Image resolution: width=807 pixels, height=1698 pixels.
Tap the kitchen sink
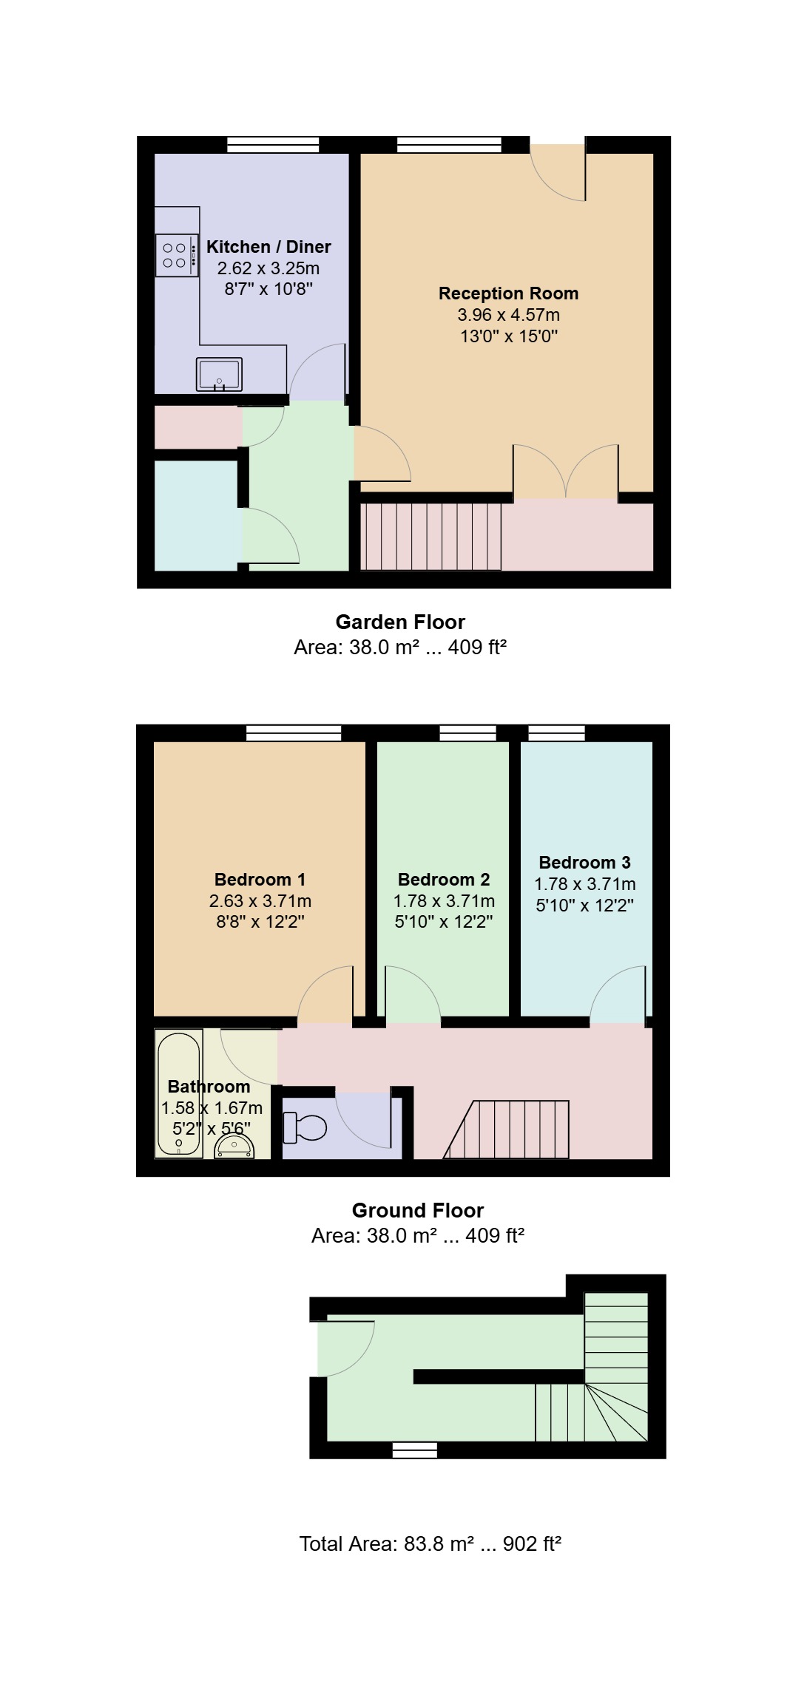(x=219, y=374)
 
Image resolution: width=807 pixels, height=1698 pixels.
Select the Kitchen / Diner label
(x=269, y=247)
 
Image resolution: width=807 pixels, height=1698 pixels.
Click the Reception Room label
(x=509, y=293)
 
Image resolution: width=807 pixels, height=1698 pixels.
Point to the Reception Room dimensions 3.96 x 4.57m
(x=509, y=315)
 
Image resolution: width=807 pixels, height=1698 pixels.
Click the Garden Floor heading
(x=400, y=622)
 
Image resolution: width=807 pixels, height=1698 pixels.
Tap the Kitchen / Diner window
(x=273, y=145)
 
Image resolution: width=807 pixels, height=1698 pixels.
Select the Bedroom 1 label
(x=260, y=880)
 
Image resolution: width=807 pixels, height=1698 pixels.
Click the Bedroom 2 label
(x=444, y=880)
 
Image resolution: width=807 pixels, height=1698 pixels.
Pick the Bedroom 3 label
(x=585, y=863)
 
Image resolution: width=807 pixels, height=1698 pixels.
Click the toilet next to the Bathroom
(x=305, y=1127)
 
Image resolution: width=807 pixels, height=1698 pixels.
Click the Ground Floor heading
(x=418, y=1211)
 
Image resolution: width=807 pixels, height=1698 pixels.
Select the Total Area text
(x=430, y=1544)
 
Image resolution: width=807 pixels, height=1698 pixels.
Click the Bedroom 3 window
(x=556, y=733)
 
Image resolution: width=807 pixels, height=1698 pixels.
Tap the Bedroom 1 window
(x=294, y=733)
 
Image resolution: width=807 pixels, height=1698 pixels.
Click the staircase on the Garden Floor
(x=431, y=537)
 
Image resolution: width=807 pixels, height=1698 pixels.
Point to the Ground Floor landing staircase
(x=507, y=1130)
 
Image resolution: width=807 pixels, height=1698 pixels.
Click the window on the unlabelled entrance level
(x=414, y=1450)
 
